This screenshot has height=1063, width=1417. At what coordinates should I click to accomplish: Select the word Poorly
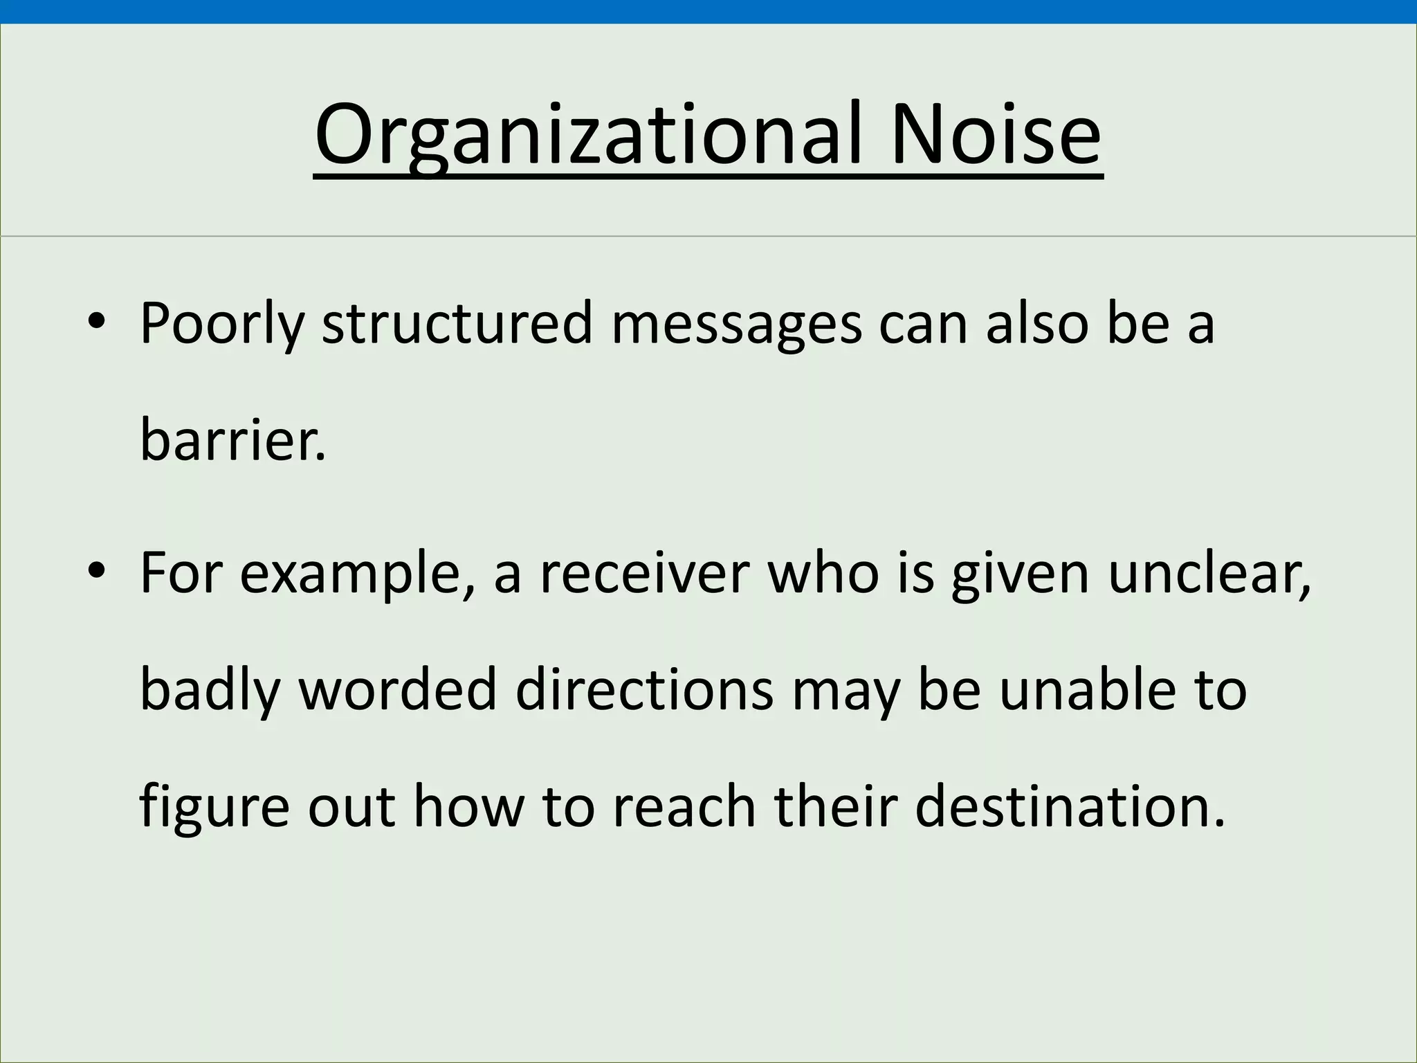click(221, 324)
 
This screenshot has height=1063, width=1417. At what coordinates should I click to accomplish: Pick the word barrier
click(232, 440)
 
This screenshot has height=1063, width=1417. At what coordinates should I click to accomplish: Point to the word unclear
click(1208, 574)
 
